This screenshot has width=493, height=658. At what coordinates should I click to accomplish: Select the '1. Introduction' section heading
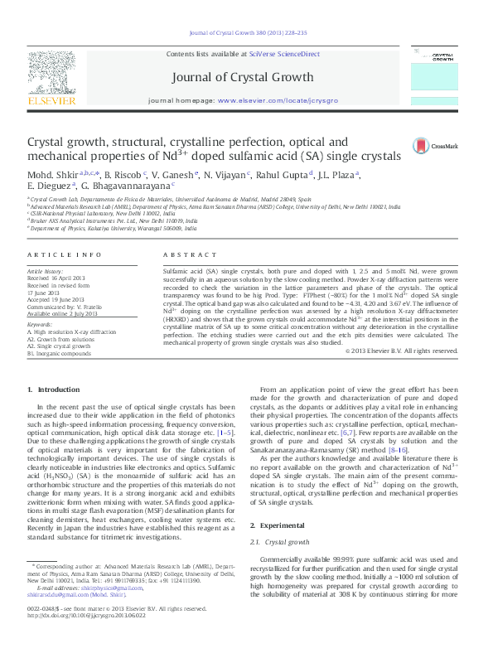click(54, 389)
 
